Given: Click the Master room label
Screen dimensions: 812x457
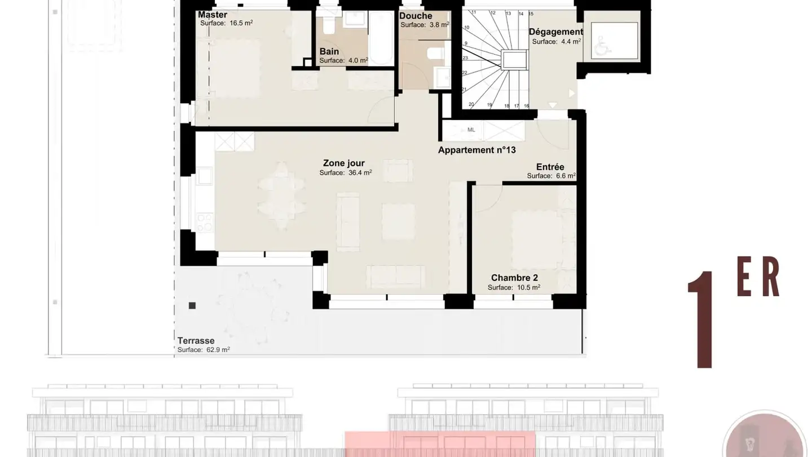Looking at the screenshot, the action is coord(213,15).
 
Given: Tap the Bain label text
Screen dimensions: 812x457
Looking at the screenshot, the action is coord(329,51).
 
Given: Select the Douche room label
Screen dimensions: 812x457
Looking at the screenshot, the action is coord(416,16).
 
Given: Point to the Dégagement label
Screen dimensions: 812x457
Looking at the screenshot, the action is coord(556,32).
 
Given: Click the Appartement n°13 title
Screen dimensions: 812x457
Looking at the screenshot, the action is coord(476,150).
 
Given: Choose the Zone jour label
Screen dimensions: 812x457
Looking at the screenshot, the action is coord(343,163).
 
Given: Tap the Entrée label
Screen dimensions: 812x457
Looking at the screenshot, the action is coord(550,167).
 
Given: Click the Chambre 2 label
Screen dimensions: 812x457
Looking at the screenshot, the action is coord(514,278).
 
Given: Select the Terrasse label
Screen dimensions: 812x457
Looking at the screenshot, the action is coord(196,341).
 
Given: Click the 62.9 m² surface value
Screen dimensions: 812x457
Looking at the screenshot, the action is coord(218,350).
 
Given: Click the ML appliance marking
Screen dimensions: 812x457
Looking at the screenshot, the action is coord(471,130).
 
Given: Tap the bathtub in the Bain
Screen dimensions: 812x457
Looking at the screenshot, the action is coord(381,38).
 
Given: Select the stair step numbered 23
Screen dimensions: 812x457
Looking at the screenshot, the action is coord(465,58).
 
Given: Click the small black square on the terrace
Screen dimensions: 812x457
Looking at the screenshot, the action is coord(192,305).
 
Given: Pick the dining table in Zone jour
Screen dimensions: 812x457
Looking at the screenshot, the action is coord(281,196).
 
